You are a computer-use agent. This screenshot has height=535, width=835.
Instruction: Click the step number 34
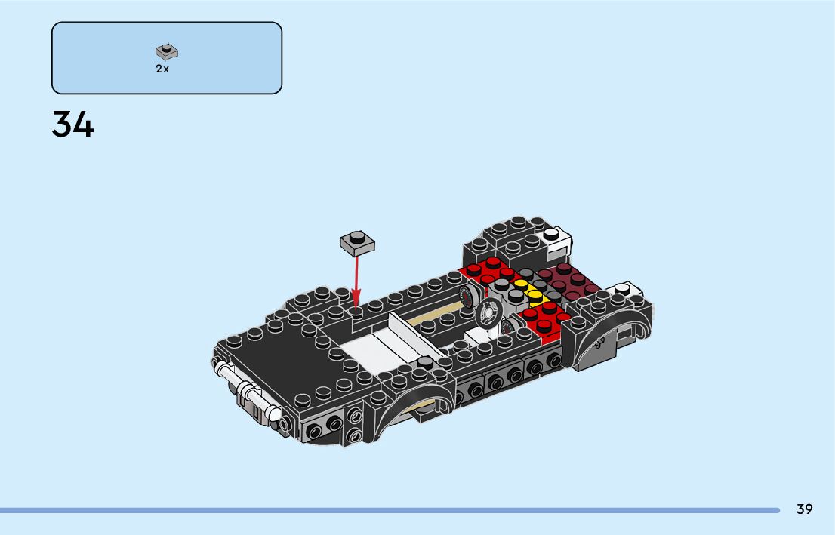(73, 125)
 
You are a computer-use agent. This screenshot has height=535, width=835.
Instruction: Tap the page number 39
(804, 509)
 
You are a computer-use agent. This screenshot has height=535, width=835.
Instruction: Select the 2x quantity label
(162, 69)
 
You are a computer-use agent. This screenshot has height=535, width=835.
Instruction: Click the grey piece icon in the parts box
(167, 51)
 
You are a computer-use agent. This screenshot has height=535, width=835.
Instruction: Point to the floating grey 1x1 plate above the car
(357, 242)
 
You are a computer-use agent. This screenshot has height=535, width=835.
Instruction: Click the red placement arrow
(356, 282)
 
